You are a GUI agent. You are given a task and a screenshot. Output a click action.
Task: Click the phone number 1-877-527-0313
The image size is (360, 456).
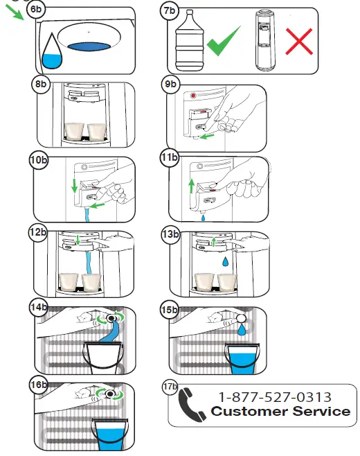274,397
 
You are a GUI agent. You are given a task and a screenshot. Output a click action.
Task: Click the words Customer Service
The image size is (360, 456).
280,412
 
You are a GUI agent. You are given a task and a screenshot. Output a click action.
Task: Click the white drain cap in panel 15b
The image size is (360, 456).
242,318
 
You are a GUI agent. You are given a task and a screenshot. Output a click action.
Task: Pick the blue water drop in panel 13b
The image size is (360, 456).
226,263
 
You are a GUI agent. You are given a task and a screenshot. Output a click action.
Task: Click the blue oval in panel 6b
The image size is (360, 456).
88,46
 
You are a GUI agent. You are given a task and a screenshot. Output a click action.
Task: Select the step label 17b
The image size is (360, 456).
170,385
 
